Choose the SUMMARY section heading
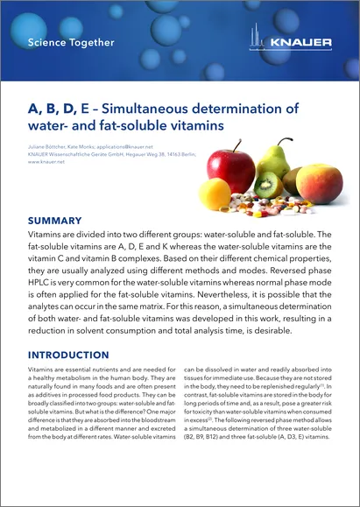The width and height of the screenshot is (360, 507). (x=56, y=221)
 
